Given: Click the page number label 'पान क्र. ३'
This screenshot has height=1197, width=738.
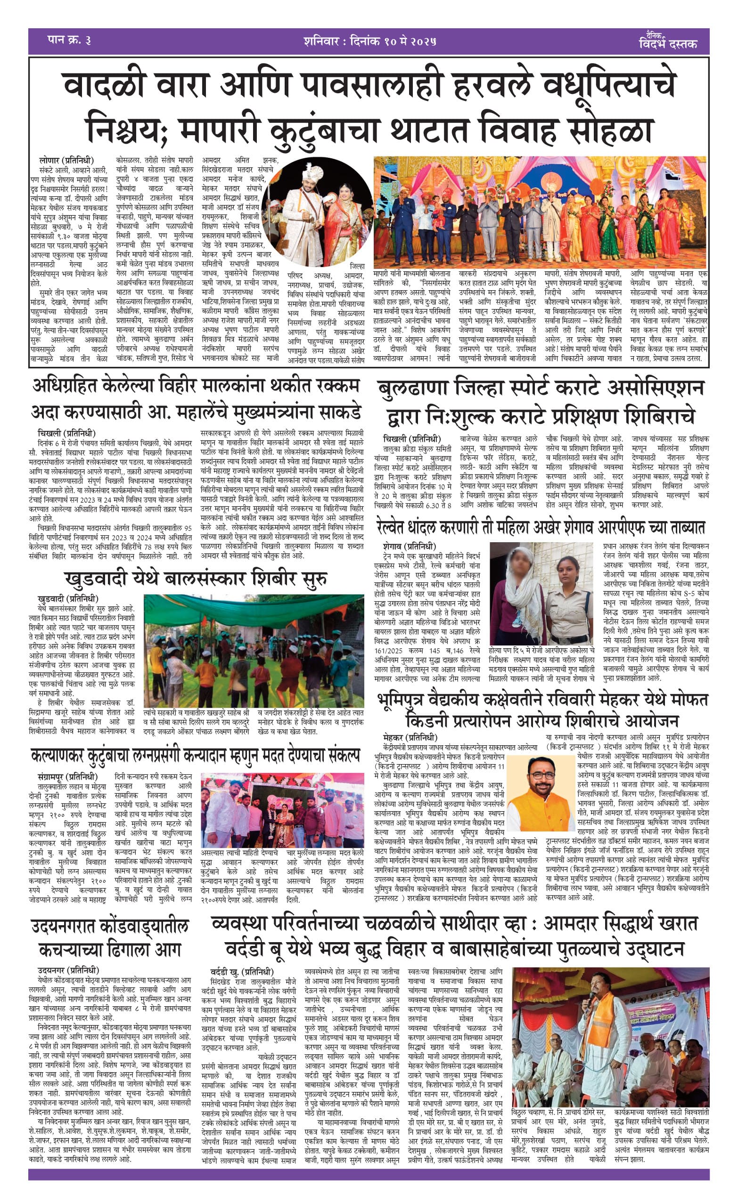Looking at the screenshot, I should [x=69, y=41].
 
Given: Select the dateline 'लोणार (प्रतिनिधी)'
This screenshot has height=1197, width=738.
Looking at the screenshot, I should [x=66, y=161].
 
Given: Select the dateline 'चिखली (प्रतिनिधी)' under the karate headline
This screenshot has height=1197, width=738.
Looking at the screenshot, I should [x=411, y=439].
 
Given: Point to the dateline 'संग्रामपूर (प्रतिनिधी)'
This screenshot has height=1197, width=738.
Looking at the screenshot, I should [x=67, y=776].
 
